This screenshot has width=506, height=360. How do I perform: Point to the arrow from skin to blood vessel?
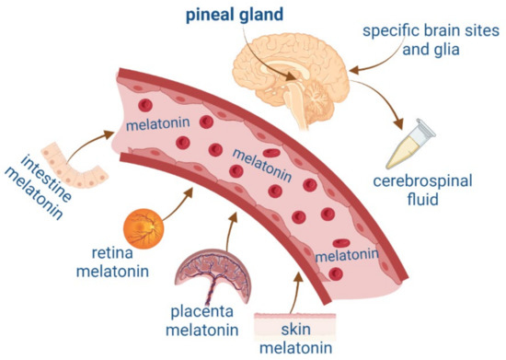coord(296,287)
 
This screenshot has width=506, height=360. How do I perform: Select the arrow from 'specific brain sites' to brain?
coord(366,63)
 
